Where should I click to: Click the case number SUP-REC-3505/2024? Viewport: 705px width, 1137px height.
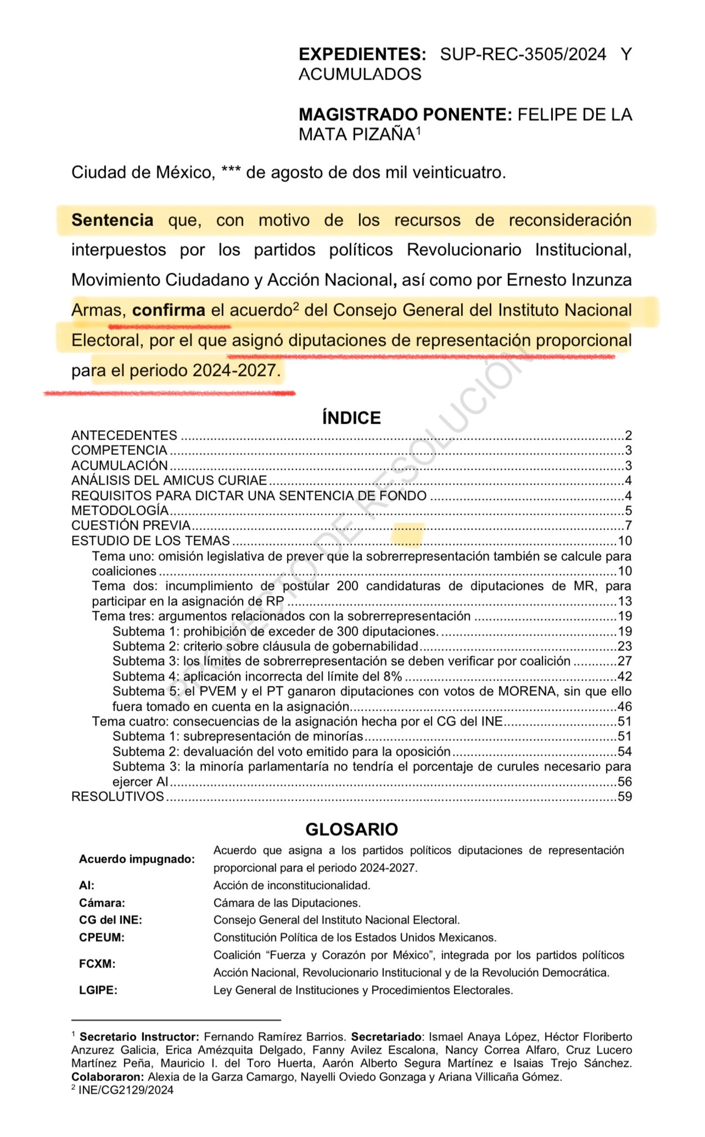coord(522,54)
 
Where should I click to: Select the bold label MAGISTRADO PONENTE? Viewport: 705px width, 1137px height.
coord(405,114)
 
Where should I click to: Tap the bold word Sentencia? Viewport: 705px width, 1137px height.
coord(112,220)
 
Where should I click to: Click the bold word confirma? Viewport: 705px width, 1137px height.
coord(169,310)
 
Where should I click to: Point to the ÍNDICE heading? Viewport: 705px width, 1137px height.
coord(351,418)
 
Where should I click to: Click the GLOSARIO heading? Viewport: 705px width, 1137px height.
coord(351,829)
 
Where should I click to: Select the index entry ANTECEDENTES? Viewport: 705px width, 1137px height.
coord(124,435)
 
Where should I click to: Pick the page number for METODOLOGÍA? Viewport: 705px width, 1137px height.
coord(628,511)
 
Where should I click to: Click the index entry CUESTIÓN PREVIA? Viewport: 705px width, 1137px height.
coord(131,526)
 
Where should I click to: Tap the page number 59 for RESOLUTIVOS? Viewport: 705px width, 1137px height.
coord(625,797)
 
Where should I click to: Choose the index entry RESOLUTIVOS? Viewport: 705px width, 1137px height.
coord(118,797)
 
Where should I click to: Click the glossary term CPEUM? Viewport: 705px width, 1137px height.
coord(102,938)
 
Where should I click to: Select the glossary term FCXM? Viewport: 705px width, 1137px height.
coord(97,964)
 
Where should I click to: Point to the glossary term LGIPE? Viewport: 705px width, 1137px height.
coord(98,990)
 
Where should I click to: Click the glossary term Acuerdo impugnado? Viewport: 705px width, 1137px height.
coord(137,859)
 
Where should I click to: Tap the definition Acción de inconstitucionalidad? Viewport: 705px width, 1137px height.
coord(291,886)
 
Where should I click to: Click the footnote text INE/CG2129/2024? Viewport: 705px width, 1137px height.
coord(126,1090)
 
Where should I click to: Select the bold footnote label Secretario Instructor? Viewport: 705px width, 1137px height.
coord(139,1037)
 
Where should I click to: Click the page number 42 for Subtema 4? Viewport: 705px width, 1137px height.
coord(625,677)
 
